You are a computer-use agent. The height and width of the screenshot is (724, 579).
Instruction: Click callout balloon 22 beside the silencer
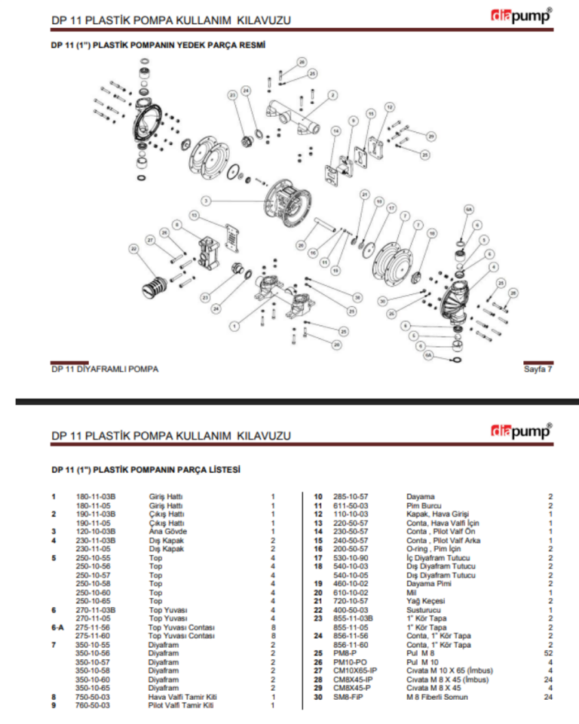coord(134,248)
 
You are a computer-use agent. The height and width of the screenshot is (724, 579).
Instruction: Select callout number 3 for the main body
coord(205,201)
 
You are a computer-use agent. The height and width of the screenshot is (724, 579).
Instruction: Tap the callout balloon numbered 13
coord(194,216)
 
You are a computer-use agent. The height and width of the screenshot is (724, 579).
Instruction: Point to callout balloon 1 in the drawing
coord(234,326)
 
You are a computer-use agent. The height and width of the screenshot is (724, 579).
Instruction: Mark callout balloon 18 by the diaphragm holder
coord(336,269)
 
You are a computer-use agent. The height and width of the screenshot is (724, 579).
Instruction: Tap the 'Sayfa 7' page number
coord(538,369)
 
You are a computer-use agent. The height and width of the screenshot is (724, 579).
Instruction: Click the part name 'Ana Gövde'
coord(164,530)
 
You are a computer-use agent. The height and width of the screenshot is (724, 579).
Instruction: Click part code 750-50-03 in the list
coord(92,697)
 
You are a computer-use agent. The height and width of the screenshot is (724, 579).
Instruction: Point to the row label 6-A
coord(57,627)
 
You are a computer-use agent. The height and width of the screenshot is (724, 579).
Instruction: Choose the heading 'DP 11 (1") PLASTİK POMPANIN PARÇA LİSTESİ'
coord(146,469)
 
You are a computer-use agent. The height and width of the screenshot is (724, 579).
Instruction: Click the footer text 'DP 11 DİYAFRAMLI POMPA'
coord(105,369)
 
